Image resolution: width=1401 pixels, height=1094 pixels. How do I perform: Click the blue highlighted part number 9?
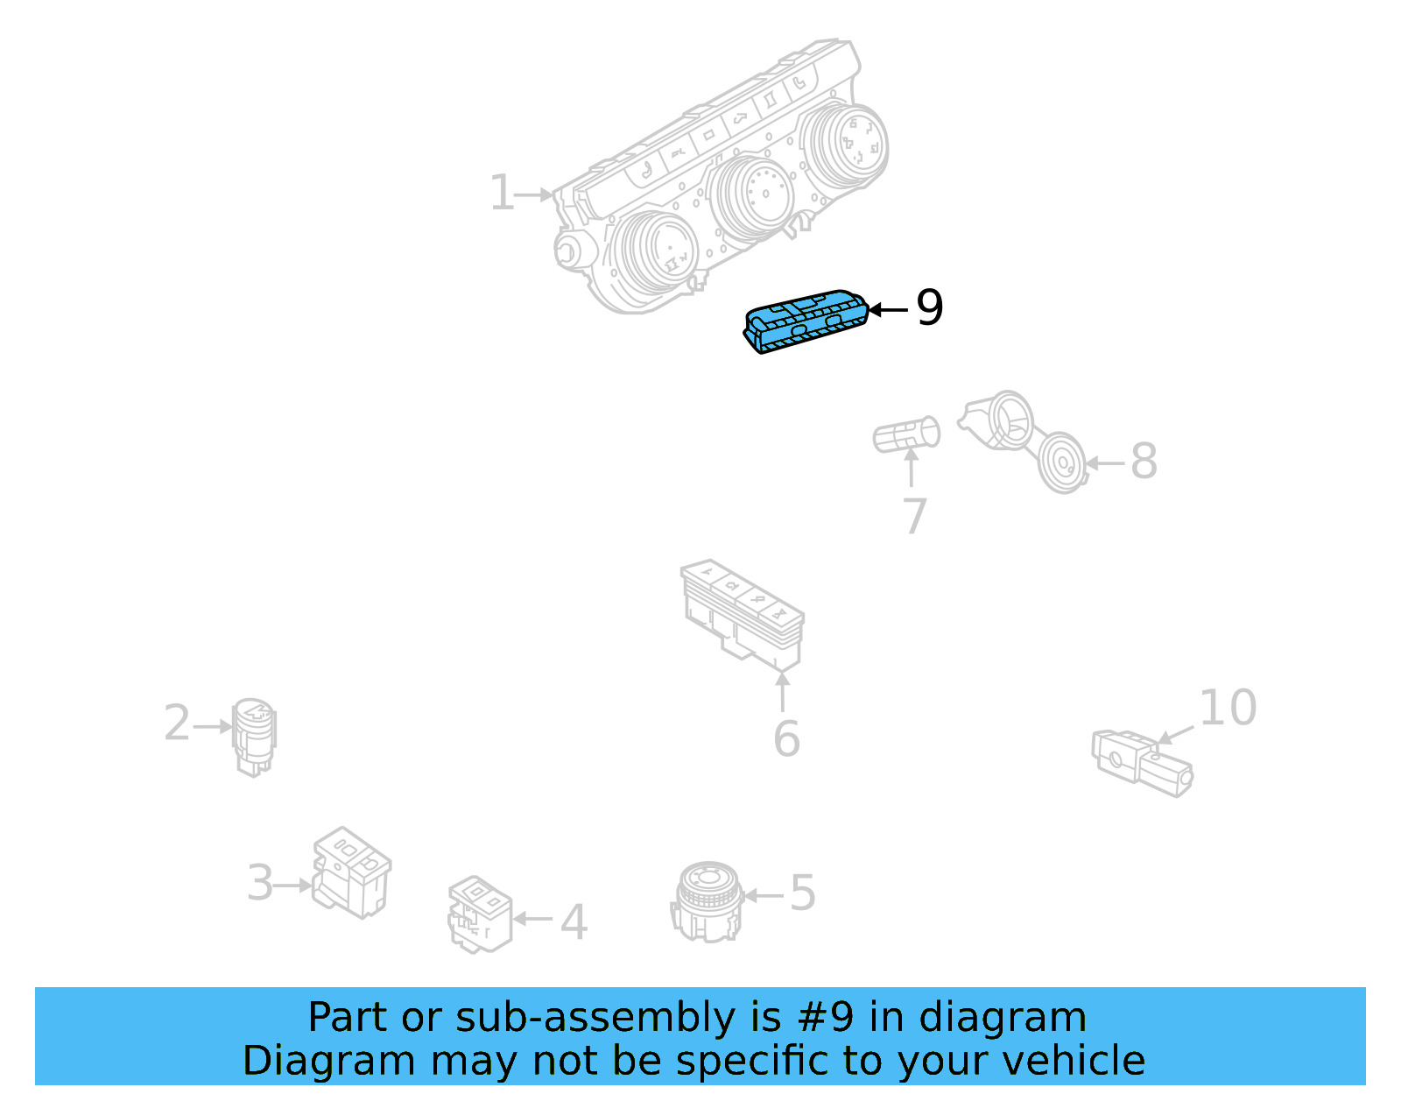click(806, 320)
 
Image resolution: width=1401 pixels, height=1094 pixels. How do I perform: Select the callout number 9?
click(930, 308)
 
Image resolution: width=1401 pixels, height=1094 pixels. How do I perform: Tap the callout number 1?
click(501, 193)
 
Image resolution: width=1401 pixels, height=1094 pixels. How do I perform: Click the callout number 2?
click(177, 723)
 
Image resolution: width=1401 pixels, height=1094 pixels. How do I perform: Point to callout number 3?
click(260, 883)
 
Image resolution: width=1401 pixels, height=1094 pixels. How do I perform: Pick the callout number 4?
click(574, 921)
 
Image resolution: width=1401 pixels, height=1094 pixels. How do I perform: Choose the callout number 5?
click(803, 893)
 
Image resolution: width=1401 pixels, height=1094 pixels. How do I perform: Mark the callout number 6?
click(786, 738)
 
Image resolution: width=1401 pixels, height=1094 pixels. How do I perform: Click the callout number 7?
click(914, 516)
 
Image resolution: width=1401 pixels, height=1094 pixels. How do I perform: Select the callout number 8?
click(1144, 461)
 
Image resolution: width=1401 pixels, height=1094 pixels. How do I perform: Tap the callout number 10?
click(1228, 708)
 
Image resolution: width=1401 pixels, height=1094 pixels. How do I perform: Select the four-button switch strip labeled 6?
click(743, 614)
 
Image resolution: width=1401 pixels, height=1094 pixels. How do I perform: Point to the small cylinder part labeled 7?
click(907, 434)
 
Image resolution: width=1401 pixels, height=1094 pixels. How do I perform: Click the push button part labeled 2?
click(254, 735)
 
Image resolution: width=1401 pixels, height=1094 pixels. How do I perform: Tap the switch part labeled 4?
click(479, 913)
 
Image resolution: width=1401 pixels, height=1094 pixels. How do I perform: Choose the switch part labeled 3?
click(352, 872)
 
